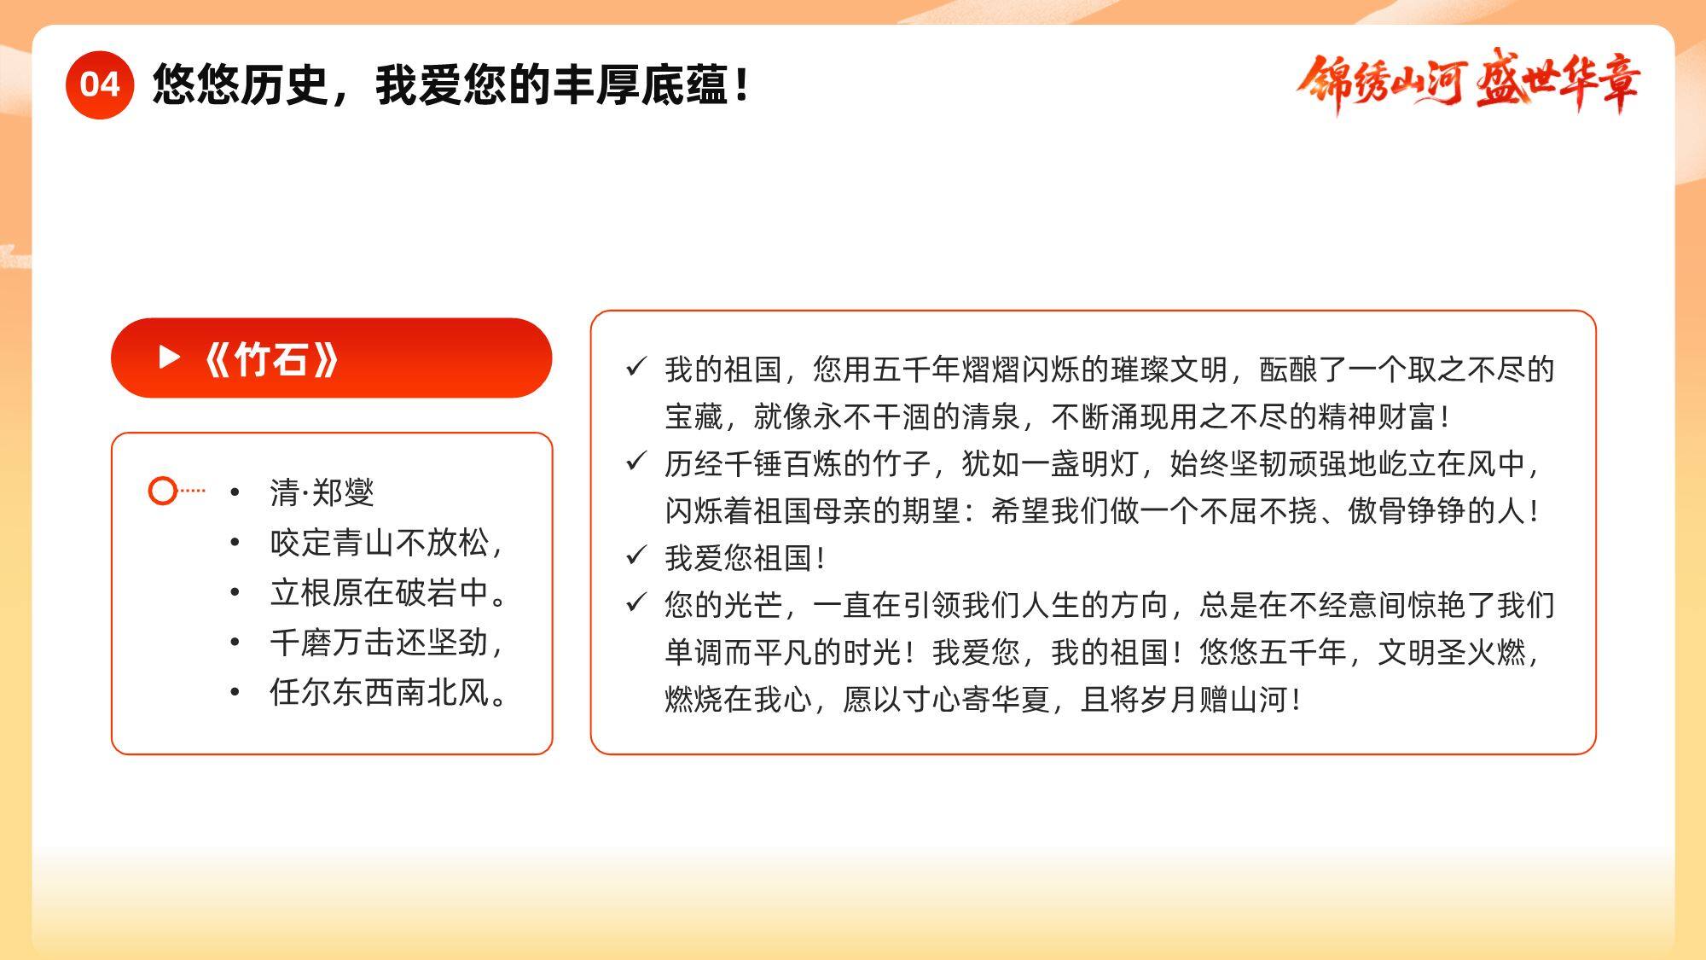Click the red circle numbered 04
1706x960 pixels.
100,84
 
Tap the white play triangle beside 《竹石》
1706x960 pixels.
170,358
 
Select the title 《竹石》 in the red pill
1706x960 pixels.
271,359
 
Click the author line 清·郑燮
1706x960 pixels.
322,492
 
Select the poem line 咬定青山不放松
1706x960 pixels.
386,543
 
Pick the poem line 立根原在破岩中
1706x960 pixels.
389,592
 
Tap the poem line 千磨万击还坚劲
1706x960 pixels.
386,642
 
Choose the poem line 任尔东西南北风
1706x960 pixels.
389,691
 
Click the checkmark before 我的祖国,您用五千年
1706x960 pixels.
636,367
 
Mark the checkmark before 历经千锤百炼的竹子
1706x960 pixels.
636,462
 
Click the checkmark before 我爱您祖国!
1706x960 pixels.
636,556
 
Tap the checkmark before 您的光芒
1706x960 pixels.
636,602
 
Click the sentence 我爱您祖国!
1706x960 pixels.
745,558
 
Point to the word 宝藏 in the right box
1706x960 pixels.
694,416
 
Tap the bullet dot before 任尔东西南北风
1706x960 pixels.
235,691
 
